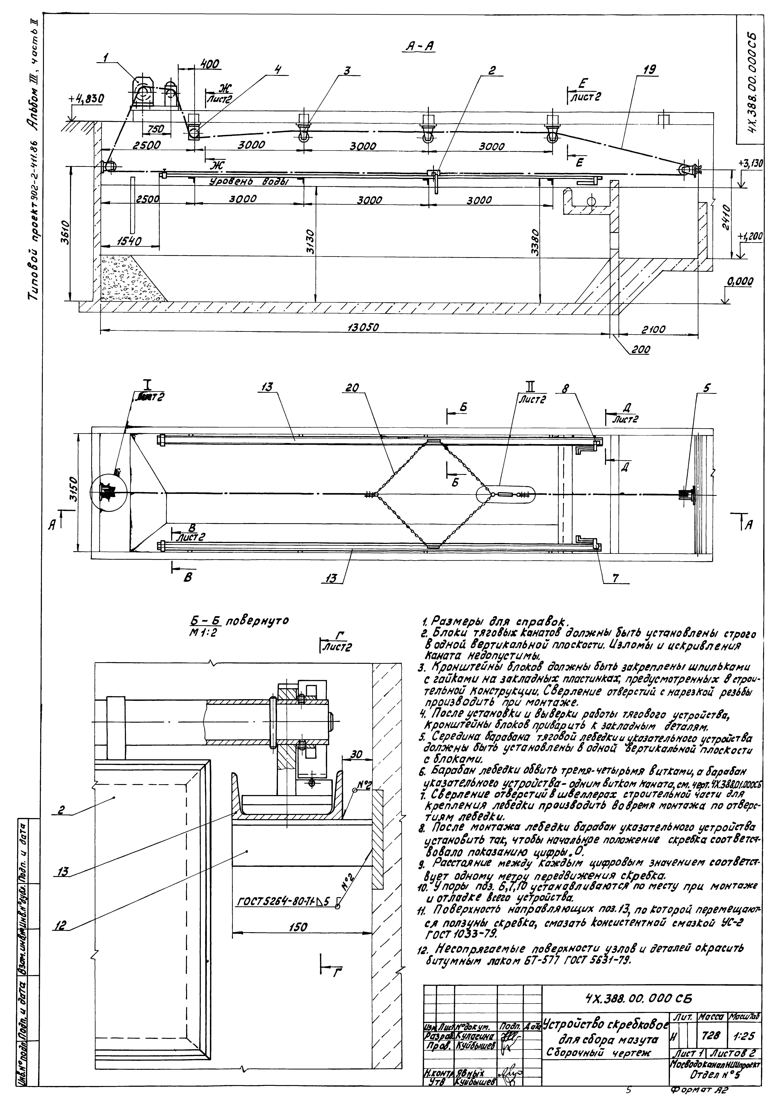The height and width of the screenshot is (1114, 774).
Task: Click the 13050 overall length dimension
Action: [363, 327]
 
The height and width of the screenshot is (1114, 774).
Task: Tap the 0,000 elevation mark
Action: [740, 281]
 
